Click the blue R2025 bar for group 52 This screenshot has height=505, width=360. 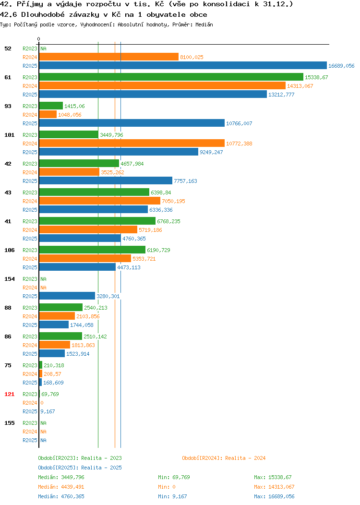tap(183, 66)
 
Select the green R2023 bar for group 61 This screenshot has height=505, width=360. tap(171, 77)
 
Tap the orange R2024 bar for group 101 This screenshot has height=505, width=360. tap(132, 144)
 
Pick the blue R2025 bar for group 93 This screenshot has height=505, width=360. tap(132, 123)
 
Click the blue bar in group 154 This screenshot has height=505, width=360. tap(67, 296)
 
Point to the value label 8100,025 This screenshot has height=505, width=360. tap(192, 57)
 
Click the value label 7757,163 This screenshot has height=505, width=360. tap(185, 181)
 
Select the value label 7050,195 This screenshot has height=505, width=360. tap(174, 201)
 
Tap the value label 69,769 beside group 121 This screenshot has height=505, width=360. tap(50, 394)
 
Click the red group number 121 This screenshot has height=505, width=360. tap(9, 394)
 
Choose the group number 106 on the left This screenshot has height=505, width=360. tap(9, 250)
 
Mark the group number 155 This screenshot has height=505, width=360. tap(9, 423)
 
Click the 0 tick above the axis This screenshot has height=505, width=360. tap(39, 39)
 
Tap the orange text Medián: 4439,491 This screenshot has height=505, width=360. tap(61, 487)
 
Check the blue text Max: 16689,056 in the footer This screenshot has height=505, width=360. tap(274, 497)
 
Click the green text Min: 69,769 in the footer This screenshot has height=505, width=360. tap(174, 477)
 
